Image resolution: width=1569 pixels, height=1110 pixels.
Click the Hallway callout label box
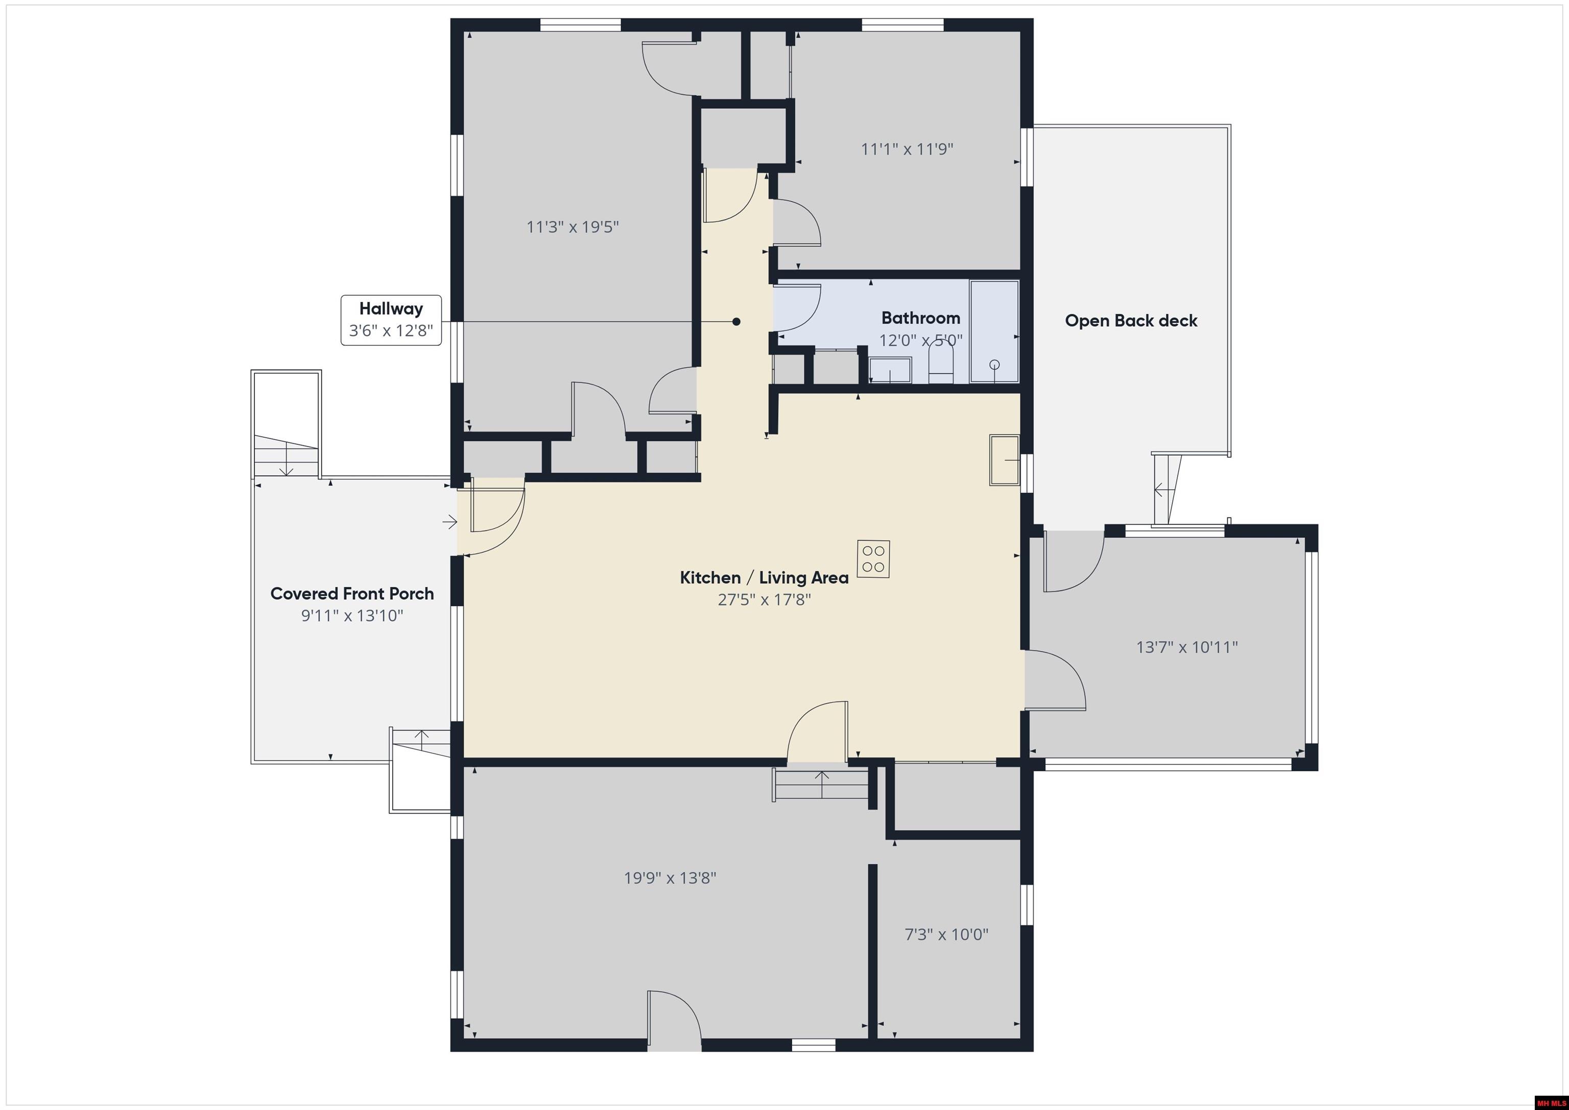(x=391, y=320)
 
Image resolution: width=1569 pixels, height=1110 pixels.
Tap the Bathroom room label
(x=920, y=318)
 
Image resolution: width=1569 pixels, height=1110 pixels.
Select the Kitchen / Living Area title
(x=764, y=578)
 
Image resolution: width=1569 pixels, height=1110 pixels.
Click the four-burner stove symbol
(x=873, y=558)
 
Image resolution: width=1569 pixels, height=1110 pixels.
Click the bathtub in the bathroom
(x=994, y=331)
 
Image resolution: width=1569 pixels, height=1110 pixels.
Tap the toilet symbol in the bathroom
(x=941, y=362)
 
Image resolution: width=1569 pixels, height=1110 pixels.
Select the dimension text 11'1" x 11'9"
(x=907, y=149)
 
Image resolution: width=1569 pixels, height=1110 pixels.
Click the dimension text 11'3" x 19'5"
(x=573, y=227)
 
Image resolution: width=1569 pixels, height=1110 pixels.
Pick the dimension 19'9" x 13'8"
(x=670, y=878)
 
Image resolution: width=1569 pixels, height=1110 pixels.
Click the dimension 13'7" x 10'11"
(x=1187, y=647)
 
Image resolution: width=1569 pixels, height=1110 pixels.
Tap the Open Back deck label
(x=1131, y=321)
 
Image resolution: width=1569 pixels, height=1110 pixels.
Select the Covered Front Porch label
(x=352, y=593)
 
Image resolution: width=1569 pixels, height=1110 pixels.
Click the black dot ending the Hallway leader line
(x=736, y=321)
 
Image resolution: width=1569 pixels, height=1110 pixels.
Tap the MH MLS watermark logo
(x=1550, y=1102)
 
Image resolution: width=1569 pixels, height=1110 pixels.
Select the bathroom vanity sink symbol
(x=890, y=370)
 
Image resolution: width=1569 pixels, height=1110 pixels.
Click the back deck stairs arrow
(x=1160, y=489)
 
